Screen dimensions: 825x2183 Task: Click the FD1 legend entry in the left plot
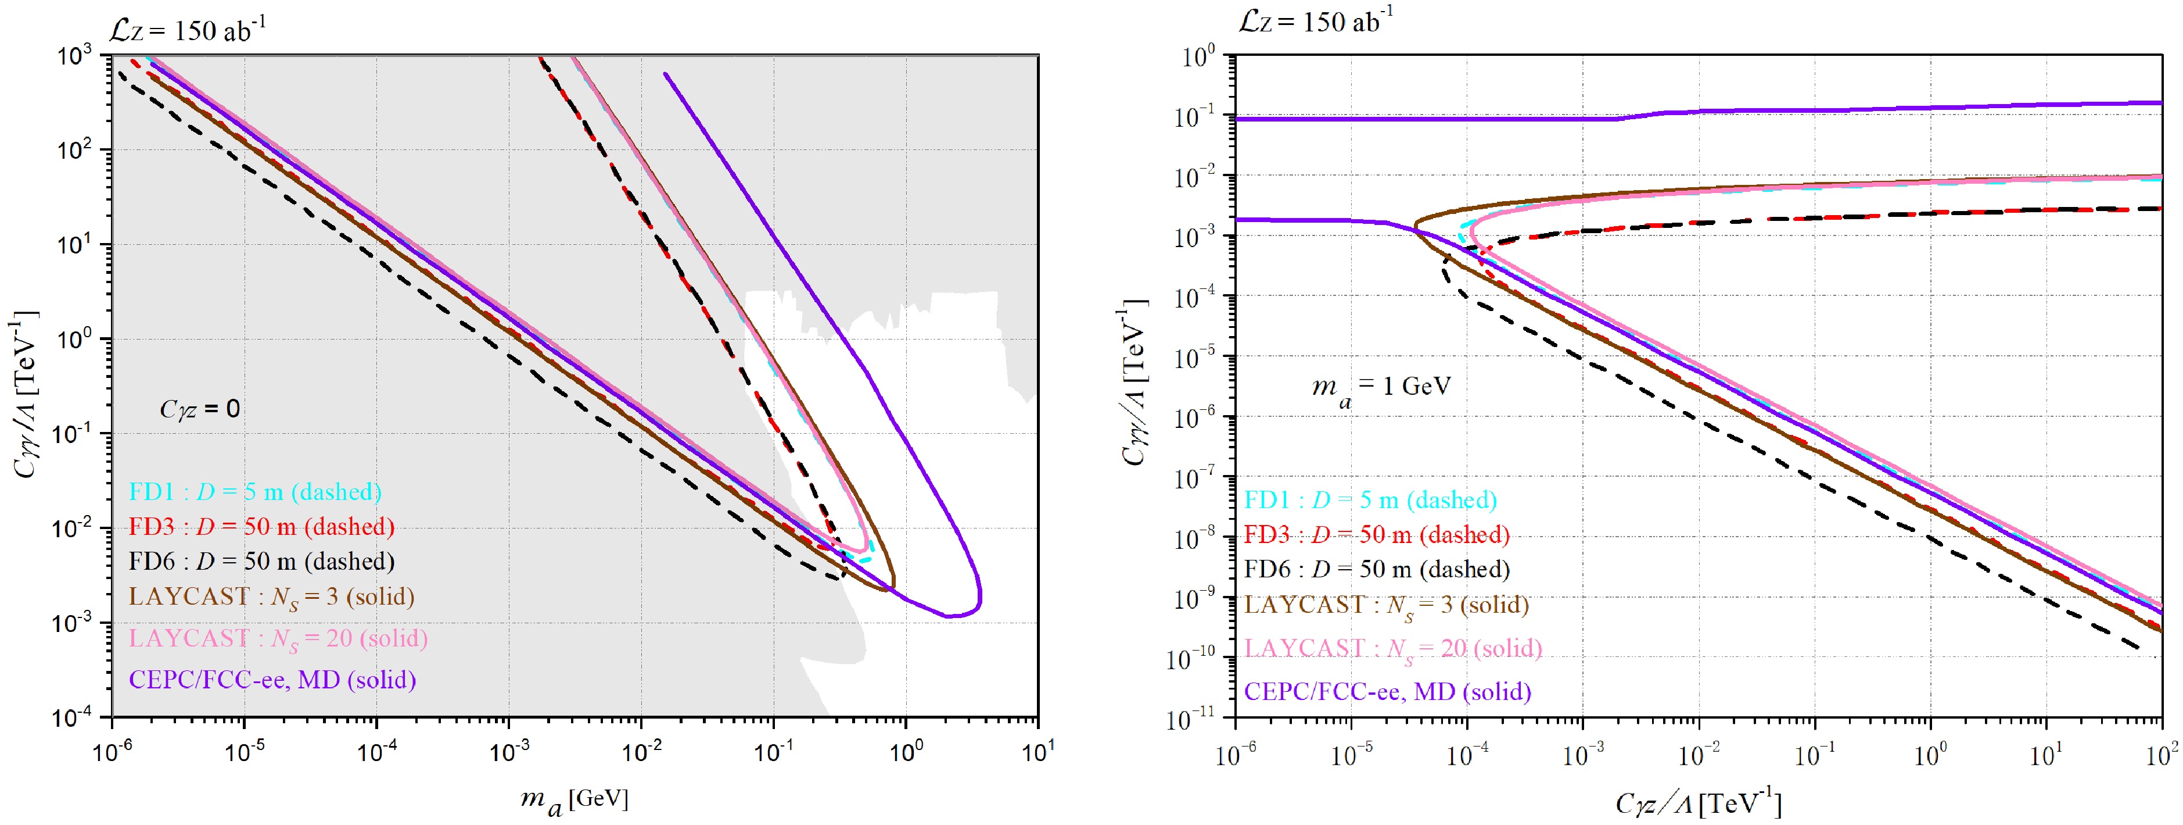pos(255,492)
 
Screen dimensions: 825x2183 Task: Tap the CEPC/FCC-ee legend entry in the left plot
pos(272,680)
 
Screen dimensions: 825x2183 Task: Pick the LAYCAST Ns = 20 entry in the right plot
pos(1392,649)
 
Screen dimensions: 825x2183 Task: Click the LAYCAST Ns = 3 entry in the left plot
pos(271,597)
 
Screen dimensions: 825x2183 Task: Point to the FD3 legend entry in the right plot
pos(1376,535)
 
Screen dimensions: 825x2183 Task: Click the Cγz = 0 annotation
pos(200,409)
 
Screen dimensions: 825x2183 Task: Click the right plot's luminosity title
pos(1315,20)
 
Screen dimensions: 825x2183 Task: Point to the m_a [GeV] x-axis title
pos(574,799)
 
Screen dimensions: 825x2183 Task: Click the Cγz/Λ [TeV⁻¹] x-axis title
pos(1697,803)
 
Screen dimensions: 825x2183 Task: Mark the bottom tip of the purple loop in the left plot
pos(949,616)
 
